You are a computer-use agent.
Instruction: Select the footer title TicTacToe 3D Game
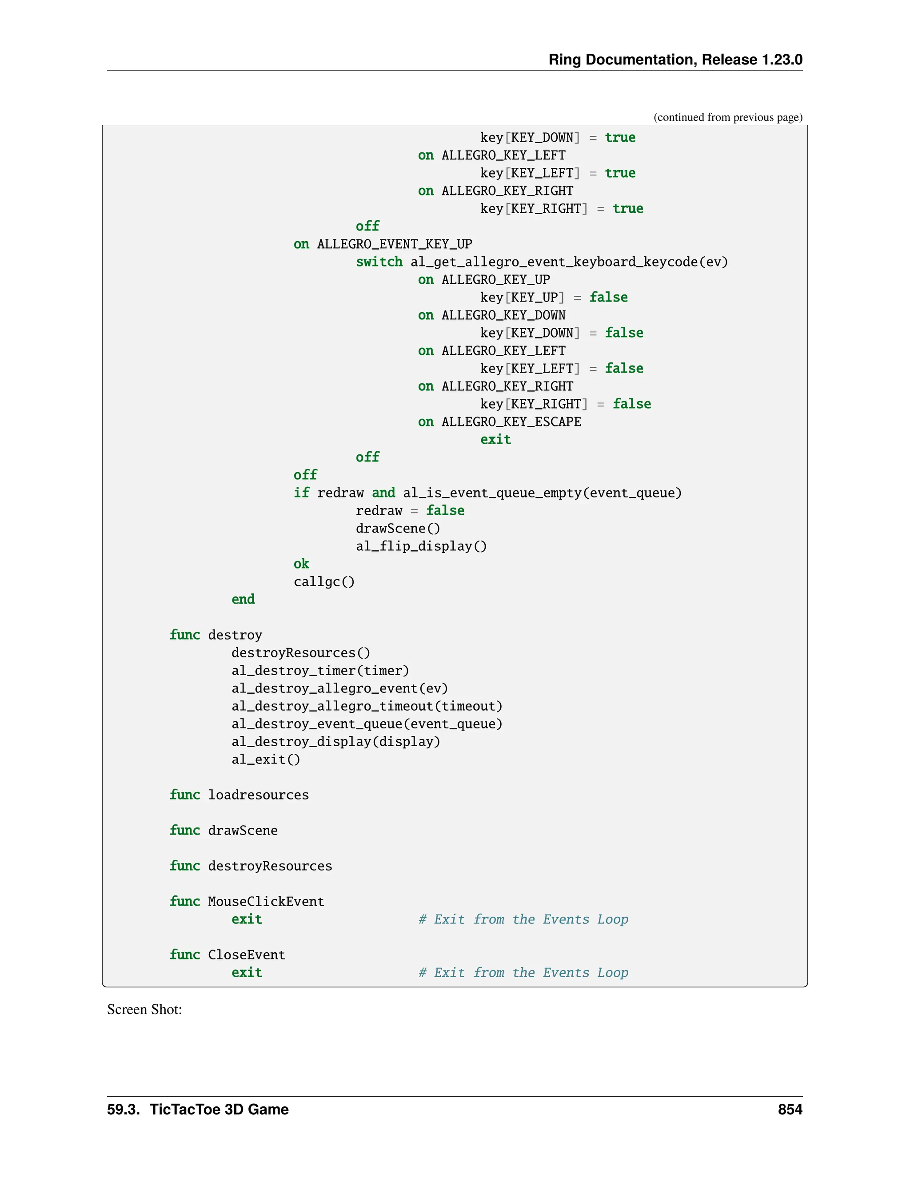[219, 1109]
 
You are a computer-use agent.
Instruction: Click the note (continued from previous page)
[728, 118]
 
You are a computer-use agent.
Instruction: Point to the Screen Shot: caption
[144, 1010]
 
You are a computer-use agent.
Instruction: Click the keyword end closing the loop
[243, 599]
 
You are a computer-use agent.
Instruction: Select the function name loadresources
[258, 795]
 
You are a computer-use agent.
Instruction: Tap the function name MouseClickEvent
[266, 902]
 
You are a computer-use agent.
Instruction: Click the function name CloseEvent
[246, 955]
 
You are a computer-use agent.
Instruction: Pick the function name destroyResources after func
[270, 866]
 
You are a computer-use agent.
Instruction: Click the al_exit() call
[266, 759]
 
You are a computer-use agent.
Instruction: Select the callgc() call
[324, 582]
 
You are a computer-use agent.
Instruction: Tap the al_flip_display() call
[421, 546]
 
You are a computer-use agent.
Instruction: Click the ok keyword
[301, 564]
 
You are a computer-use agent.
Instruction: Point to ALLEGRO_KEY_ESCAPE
[511, 422]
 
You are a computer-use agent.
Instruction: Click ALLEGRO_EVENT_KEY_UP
[394, 244]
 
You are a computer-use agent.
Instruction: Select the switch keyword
[379, 262]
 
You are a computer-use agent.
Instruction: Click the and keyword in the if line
[383, 493]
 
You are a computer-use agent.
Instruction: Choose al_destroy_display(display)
[335, 742]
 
